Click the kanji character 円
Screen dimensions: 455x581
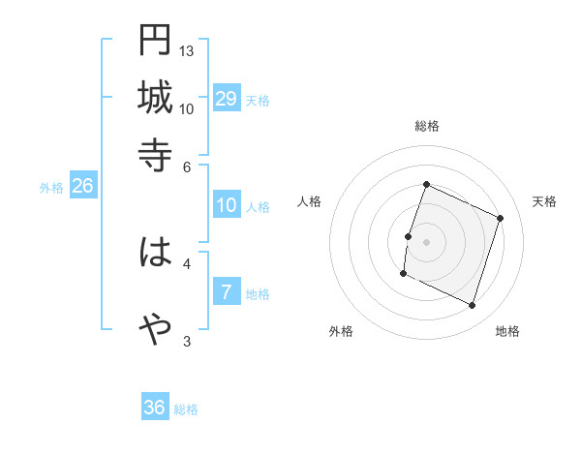click(x=155, y=41)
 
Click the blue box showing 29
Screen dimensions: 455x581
click(x=227, y=99)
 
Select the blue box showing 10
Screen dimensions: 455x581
click(x=227, y=205)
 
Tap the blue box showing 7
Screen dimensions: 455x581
click(x=227, y=292)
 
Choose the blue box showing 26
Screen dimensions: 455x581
click(x=82, y=187)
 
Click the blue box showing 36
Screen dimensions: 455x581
click(x=155, y=408)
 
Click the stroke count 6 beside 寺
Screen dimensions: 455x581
click(x=187, y=166)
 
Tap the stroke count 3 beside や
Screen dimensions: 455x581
click(x=187, y=341)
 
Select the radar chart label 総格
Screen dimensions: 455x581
click(x=426, y=127)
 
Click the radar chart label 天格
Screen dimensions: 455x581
click(x=545, y=201)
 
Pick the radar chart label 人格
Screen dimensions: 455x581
click(x=310, y=201)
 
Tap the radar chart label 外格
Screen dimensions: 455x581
click(x=341, y=331)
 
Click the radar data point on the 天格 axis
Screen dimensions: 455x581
click(x=501, y=218)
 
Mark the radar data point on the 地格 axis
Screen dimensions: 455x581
click(x=473, y=306)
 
